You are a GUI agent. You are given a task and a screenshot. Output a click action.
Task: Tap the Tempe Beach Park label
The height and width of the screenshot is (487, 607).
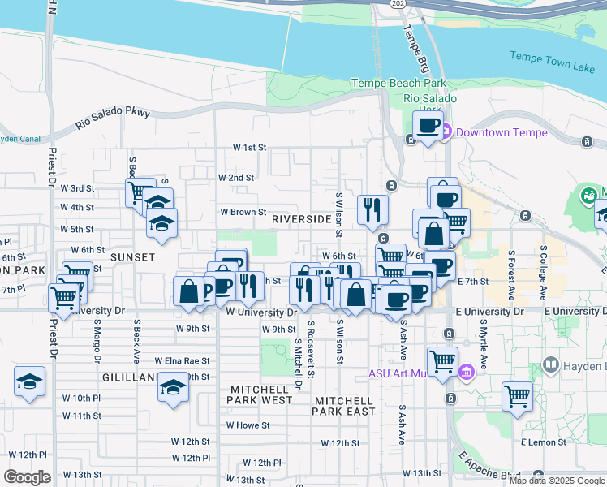click(398, 83)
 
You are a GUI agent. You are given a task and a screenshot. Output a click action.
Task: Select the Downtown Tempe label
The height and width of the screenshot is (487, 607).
click(501, 132)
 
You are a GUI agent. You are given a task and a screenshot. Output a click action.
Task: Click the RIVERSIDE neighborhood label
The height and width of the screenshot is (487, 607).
click(301, 219)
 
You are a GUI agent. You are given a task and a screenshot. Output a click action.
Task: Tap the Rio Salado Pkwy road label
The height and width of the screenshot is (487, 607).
click(113, 119)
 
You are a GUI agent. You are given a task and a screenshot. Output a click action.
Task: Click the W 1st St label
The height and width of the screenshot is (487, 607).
click(249, 148)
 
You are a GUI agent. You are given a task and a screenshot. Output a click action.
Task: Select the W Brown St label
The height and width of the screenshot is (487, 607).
click(243, 213)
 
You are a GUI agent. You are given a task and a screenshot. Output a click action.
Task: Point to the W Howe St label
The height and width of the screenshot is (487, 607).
click(248, 425)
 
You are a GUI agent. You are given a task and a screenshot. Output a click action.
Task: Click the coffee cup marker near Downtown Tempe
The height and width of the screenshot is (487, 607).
click(427, 125)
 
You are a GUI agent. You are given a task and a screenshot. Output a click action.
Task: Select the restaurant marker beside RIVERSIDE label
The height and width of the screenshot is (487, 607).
click(372, 209)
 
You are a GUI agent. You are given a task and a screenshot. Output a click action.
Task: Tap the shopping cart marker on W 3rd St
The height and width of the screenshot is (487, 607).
click(140, 192)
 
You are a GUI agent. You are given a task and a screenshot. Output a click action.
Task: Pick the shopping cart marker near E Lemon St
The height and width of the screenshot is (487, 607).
click(517, 396)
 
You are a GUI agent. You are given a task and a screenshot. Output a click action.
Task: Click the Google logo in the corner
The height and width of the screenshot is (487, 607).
click(27, 477)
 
